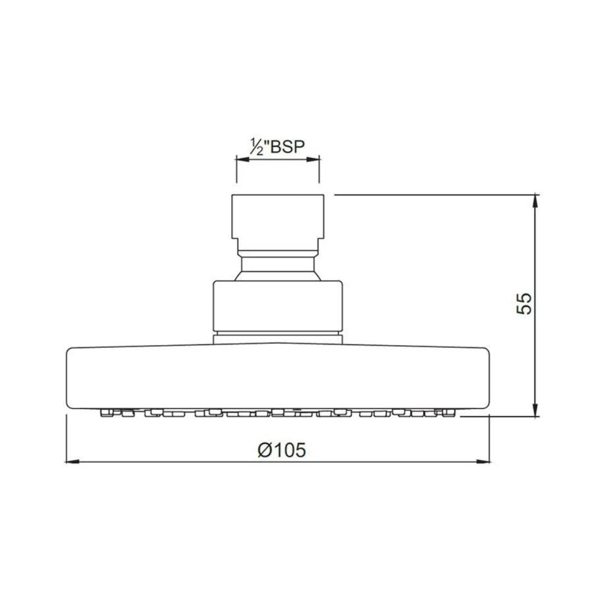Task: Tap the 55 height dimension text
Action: [523, 303]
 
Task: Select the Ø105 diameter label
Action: [282, 450]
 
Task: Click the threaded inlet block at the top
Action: [278, 216]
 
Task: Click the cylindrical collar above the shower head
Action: [278, 305]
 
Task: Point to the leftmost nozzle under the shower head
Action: [105, 413]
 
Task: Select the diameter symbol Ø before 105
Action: [265, 450]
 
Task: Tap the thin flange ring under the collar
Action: [278, 338]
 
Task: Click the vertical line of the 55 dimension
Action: [536, 337]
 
